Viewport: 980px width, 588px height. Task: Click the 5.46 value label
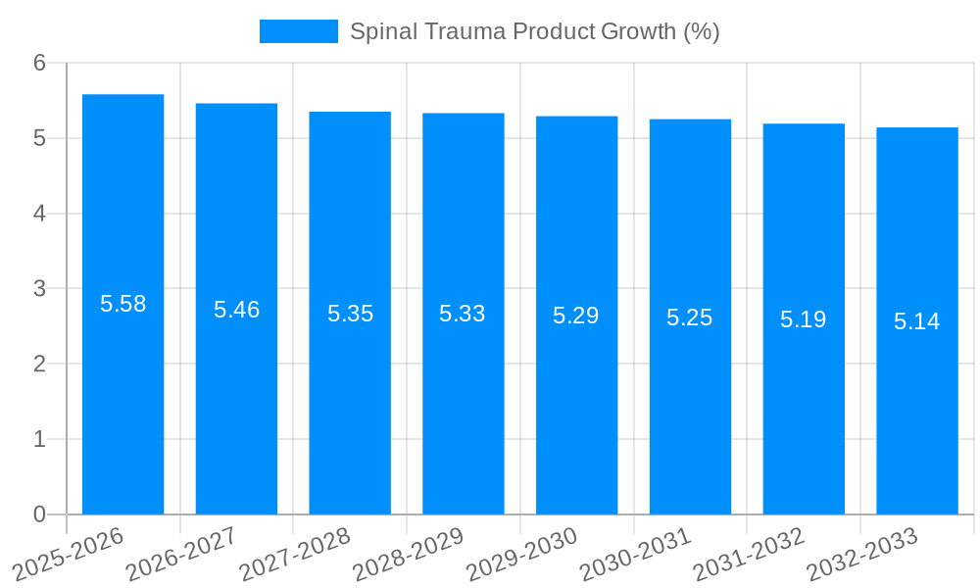pos(236,310)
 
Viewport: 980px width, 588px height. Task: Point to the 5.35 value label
pos(350,314)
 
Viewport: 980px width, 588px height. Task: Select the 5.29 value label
pos(576,316)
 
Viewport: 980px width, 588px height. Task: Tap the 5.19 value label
pos(804,318)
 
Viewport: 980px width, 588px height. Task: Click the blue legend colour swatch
pos(298,31)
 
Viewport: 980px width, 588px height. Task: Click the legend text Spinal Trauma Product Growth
pos(534,31)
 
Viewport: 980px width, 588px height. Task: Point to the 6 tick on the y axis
pos(39,63)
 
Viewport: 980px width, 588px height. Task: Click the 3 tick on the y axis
pos(39,289)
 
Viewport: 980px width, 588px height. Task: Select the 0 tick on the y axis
pos(39,514)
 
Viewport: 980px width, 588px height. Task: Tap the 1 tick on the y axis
pos(39,439)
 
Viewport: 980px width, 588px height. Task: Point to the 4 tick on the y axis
pos(39,214)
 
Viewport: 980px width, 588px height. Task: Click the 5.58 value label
pos(122,304)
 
